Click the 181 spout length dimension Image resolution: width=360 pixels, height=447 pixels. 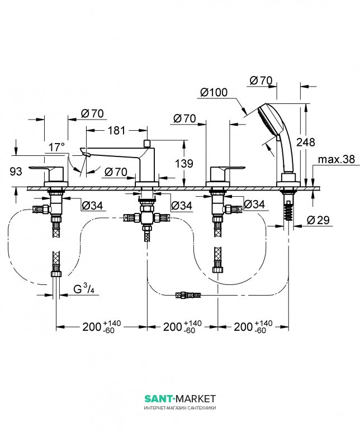[117, 131]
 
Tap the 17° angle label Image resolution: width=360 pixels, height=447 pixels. [56, 148]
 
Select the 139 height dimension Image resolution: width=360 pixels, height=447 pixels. [184, 163]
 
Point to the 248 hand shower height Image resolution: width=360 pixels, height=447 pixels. [306, 142]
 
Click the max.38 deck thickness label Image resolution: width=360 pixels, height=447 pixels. [337, 159]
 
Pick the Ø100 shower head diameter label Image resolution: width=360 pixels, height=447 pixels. [214, 92]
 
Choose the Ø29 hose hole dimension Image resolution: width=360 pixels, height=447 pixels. [318, 220]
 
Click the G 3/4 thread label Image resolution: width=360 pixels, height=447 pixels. [84, 289]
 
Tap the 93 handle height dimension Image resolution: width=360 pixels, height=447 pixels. [16, 172]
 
